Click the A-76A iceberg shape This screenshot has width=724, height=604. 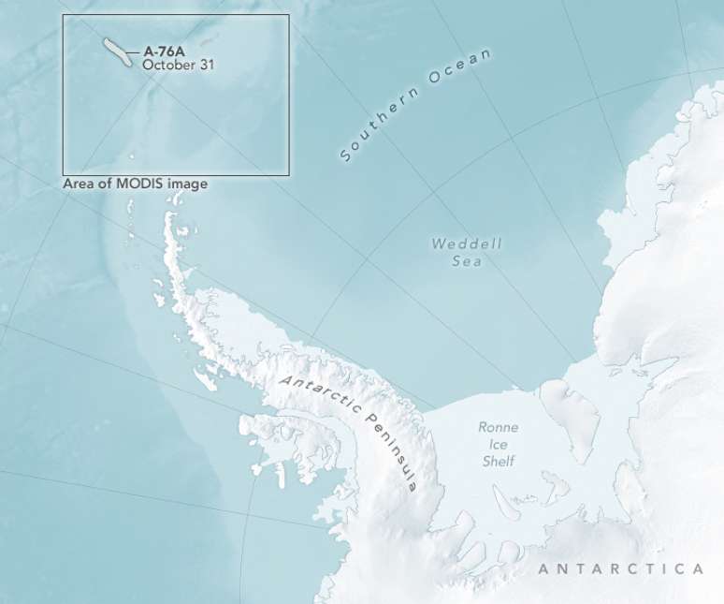coord(117,52)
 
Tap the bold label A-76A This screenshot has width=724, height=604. coord(165,52)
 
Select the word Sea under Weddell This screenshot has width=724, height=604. coord(467,261)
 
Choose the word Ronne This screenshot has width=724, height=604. coord(499,427)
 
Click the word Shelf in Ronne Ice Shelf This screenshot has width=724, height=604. coord(499,461)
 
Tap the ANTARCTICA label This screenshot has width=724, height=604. coord(620,568)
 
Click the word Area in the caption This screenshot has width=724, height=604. coord(79,184)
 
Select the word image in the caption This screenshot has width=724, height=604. coord(187,184)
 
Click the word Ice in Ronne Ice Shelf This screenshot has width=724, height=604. coord(499,444)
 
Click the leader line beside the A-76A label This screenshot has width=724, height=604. coord(136,52)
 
